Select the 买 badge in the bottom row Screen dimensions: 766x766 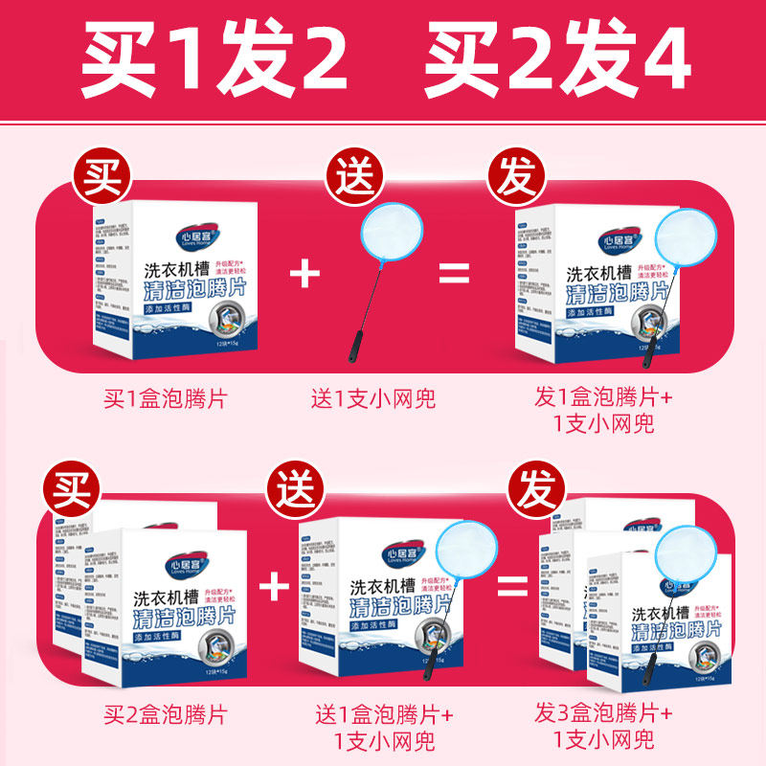point(69,490)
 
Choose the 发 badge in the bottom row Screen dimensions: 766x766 point(538,490)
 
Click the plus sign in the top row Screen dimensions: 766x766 point(305,273)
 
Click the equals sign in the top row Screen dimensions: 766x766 point(454,273)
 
